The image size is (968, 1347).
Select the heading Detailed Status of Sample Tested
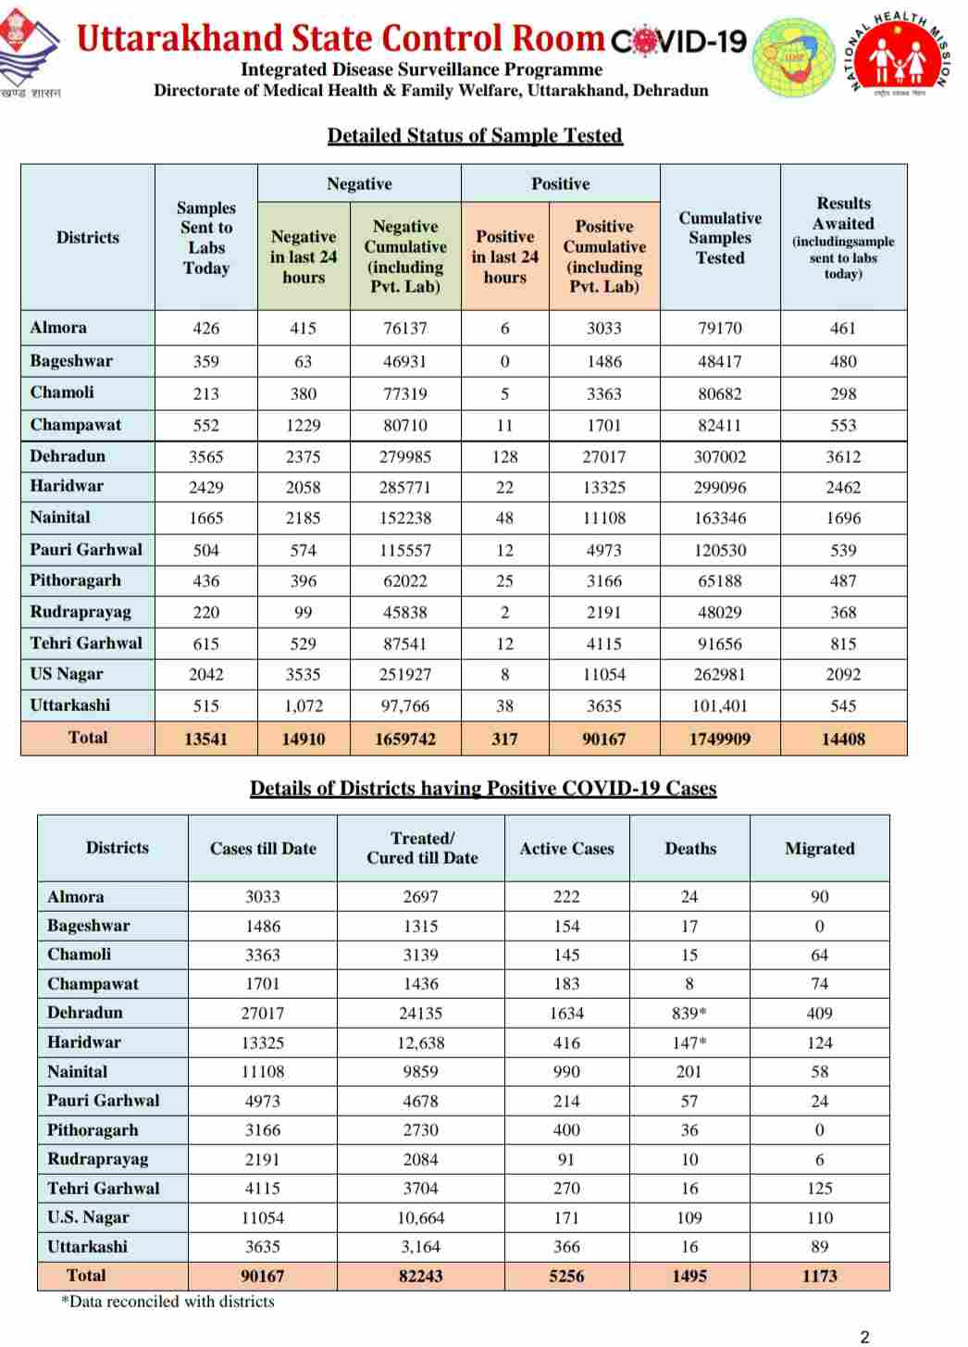475,136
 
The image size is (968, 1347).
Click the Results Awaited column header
843,237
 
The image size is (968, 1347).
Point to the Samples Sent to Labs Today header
205,238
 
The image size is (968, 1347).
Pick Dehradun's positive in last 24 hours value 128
504,456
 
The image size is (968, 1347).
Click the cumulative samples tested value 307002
719,456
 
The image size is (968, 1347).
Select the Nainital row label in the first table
60,518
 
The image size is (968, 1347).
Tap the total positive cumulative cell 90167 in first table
603,739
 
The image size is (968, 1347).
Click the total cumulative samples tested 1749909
719,739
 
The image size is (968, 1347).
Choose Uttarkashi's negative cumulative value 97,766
405,705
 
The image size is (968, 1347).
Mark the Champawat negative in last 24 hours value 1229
303,426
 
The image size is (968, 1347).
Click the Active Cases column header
566,848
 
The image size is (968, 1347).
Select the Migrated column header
819,848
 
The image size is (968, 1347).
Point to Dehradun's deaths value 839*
689,1014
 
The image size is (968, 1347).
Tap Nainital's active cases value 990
566,1072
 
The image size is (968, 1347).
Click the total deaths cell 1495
689,1276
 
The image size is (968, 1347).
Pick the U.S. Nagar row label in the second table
88,1217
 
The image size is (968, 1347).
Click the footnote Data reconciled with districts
168,1302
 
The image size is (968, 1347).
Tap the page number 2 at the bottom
864,1336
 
